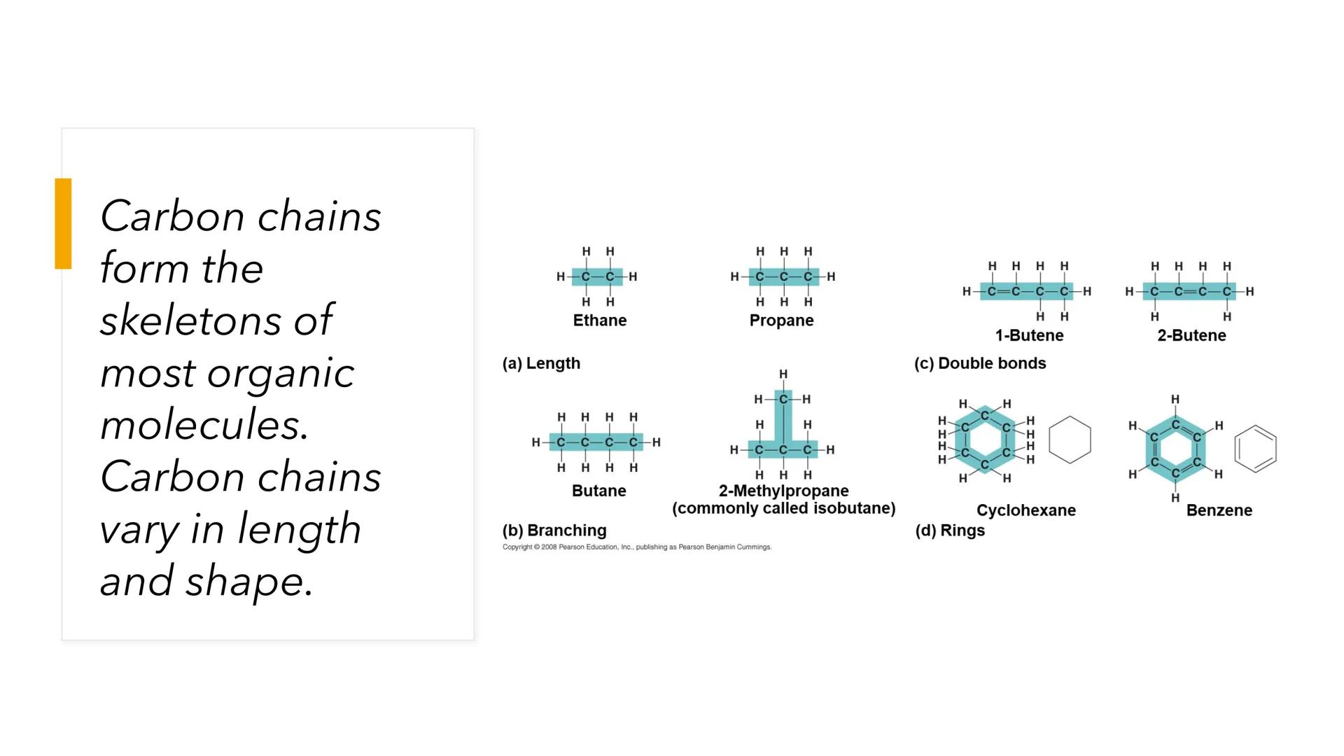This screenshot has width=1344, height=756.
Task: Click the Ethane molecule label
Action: tap(599, 321)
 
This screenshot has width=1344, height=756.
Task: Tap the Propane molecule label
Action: tap(781, 321)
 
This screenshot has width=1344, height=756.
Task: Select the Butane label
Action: tap(598, 491)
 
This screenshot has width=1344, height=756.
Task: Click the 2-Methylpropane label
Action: tap(783, 491)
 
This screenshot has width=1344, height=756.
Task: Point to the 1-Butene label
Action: tap(1029, 335)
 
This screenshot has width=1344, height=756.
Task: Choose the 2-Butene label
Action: tap(1191, 335)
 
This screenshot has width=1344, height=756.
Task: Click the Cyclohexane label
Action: tap(1026, 510)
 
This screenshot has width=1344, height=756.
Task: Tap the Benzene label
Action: tap(1219, 510)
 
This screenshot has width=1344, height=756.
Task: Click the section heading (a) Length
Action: tap(541, 363)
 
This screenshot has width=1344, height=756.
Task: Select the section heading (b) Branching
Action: tap(554, 531)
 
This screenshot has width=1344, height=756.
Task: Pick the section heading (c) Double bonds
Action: tap(980, 363)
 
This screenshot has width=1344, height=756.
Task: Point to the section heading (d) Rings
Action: tap(950, 531)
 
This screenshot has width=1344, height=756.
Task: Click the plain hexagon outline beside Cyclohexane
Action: tap(1070, 440)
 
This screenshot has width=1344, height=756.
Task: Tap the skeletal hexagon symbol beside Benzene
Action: tap(1255, 449)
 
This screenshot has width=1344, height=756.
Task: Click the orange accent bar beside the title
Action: tap(63, 223)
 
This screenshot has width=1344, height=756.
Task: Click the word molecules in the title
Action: tap(204, 425)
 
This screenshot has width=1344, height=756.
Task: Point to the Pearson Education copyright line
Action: tap(637, 547)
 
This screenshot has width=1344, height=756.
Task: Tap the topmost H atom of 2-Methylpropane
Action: tap(783, 374)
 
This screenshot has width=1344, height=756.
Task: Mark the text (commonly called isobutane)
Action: tap(783, 508)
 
